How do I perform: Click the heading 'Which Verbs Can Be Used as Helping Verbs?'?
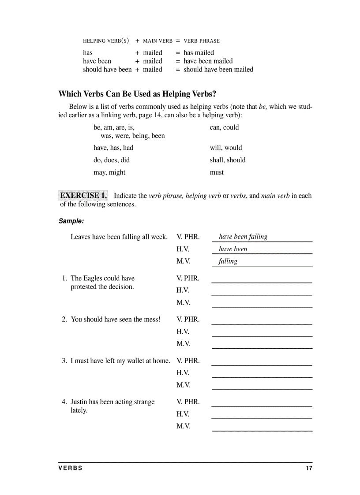tap(137, 94)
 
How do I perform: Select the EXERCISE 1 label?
tap(83, 195)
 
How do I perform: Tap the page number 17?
tap(309, 468)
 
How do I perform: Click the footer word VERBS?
tap(71, 468)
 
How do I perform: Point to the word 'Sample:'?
tap(71, 221)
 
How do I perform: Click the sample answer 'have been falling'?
tap(243, 237)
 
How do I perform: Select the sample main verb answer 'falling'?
tap(228, 261)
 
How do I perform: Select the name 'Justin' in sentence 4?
tap(79, 402)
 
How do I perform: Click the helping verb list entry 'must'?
tap(217, 172)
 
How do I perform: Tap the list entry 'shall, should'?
tap(228, 160)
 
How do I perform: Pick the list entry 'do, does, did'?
tap(112, 160)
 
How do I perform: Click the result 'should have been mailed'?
tap(218, 69)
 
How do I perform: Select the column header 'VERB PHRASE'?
tap(202, 41)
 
